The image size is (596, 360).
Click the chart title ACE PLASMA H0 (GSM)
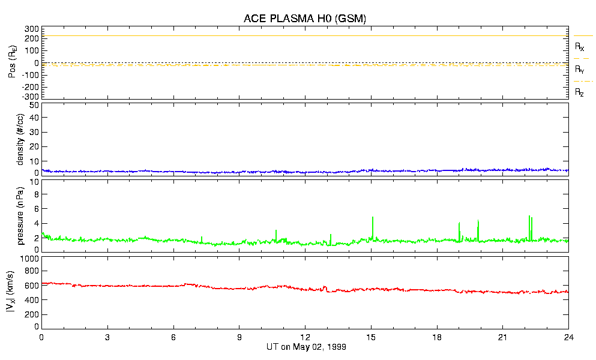(305, 19)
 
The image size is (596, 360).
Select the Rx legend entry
(580, 46)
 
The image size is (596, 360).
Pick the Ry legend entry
(580, 70)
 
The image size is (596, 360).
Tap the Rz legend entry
(580, 92)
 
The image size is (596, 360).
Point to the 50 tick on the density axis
(34, 105)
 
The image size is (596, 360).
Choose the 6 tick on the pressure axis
(35, 209)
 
